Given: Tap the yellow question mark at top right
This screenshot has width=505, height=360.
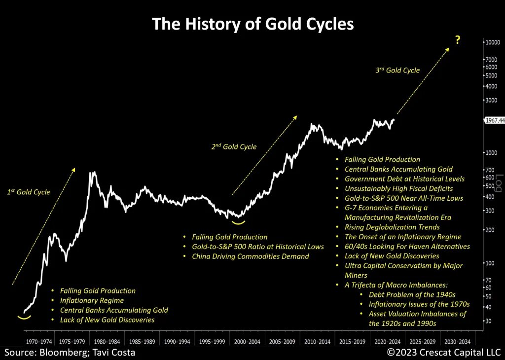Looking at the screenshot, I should pyautogui.click(x=458, y=40).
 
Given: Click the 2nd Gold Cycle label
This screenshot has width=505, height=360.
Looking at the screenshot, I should pyautogui.click(x=235, y=146).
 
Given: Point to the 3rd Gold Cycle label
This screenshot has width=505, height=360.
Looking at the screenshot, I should pyautogui.click(x=397, y=70).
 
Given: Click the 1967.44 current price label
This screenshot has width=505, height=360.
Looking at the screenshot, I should pyautogui.click(x=495, y=120).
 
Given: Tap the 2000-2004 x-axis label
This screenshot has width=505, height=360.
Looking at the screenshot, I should pyautogui.click(x=248, y=341).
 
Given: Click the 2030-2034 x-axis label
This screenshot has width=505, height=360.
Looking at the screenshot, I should pyautogui.click(x=458, y=341).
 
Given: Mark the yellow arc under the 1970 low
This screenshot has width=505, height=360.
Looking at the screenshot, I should pyautogui.click(x=24, y=317).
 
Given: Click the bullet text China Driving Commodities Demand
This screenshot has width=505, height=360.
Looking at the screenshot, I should pyautogui.click(x=251, y=256).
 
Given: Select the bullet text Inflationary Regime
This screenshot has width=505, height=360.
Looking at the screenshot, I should pyautogui.click(x=92, y=300).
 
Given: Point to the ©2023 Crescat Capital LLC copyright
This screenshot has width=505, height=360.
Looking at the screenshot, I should pyautogui.click(x=443, y=353).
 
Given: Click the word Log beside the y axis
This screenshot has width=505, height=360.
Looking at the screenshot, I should pyautogui.click(x=498, y=181).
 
